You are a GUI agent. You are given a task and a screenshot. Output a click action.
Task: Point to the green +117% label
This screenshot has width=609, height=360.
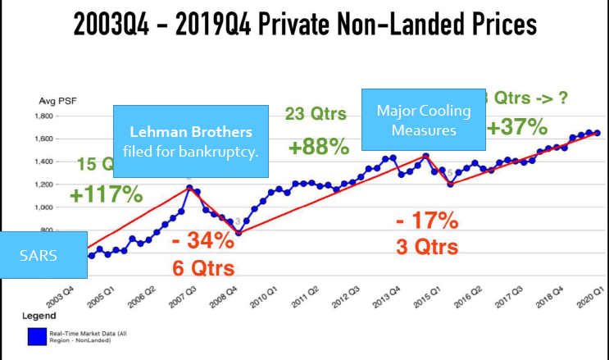coord(106,195)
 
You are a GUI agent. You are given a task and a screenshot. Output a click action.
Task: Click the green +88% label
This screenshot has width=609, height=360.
coord(318,147)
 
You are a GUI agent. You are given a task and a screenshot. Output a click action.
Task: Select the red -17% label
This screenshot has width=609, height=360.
coord(427,221)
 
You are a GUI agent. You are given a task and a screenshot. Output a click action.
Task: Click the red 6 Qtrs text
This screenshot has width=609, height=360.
coord(202,268)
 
